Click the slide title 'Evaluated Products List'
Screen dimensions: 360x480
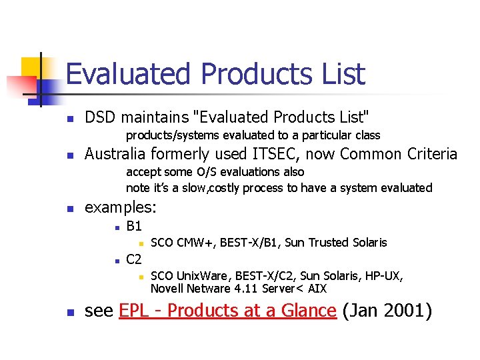click(x=215, y=74)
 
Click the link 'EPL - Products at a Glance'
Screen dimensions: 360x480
click(x=227, y=311)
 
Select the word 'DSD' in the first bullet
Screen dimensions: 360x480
click(x=101, y=117)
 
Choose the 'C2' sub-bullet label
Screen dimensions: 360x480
click(x=134, y=259)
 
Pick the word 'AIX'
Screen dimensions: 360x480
click(x=316, y=289)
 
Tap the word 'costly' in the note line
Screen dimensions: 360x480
click(x=228, y=188)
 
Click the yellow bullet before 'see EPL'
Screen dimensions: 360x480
click(x=69, y=312)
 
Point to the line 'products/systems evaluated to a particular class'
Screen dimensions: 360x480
click(x=253, y=135)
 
